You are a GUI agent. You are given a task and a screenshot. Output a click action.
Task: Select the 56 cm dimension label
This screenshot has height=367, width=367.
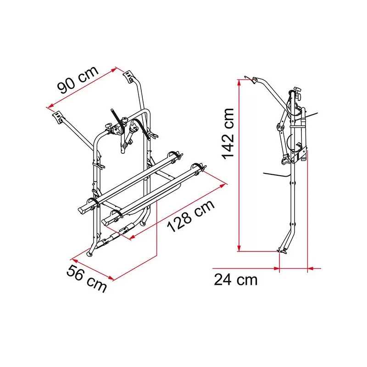(87, 278)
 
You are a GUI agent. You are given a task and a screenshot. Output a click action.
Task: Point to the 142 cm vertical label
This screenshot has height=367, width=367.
(228, 134)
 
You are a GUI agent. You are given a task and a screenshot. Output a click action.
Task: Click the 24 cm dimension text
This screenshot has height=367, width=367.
(235, 279)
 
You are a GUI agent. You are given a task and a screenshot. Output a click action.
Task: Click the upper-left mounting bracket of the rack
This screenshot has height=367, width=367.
(58, 117)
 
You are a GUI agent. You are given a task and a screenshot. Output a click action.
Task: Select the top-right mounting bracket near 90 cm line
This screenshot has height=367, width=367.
(128, 76)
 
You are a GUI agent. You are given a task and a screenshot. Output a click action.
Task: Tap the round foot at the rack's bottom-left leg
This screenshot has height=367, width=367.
(89, 254)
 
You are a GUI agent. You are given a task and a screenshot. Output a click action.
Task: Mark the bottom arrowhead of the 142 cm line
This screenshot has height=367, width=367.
(239, 248)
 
